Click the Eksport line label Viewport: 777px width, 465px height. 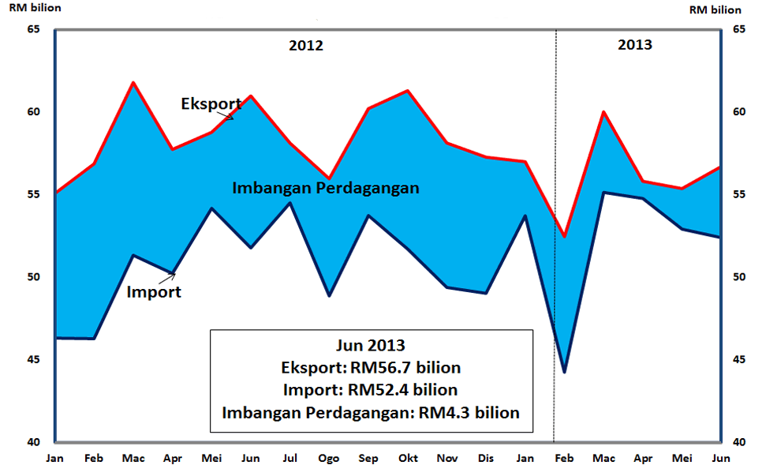click(x=211, y=103)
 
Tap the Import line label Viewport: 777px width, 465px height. click(x=154, y=292)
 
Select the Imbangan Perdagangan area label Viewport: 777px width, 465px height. click(x=325, y=189)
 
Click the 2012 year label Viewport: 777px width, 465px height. click(x=306, y=45)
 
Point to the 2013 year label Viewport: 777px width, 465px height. click(x=634, y=44)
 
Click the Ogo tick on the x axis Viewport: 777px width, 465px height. click(x=329, y=458)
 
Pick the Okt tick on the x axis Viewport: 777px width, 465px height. click(x=407, y=458)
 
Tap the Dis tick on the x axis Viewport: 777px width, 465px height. click(x=486, y=458)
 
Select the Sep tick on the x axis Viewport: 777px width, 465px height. click(x=368, y=458)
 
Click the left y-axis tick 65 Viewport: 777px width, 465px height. click(x=33, y=29)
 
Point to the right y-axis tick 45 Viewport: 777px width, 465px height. click(x=741, y=360)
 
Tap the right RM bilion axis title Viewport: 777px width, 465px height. click(x=715, y=9)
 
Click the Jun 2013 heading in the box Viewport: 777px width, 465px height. click(x=371, y=346)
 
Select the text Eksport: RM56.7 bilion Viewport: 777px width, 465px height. click(x=371, y=368)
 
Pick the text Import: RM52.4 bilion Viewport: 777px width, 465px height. click(x=371, y=390)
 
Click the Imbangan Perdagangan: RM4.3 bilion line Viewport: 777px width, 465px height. click(x=371, y=412)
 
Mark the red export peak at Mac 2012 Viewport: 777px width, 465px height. click(x=133, y=82)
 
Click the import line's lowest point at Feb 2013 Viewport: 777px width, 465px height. click(x=564, y=371)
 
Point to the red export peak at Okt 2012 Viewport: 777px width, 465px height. click(x=407, y=91)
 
